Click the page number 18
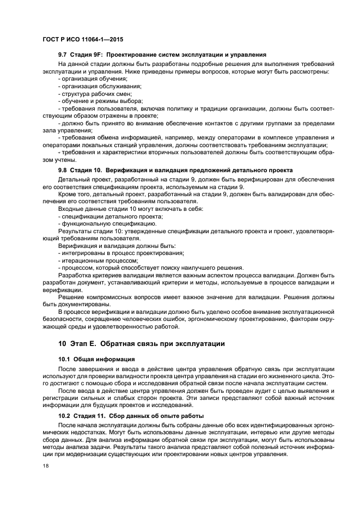tap(46, 466)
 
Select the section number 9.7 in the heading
tap(64, 55)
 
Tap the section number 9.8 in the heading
tap(64, 171)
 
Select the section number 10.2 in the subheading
tap(65, 416)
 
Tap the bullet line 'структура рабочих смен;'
tap(95, 94)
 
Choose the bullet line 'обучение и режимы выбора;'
tap(100, 101)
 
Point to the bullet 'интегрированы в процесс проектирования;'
tap(121, 253)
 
